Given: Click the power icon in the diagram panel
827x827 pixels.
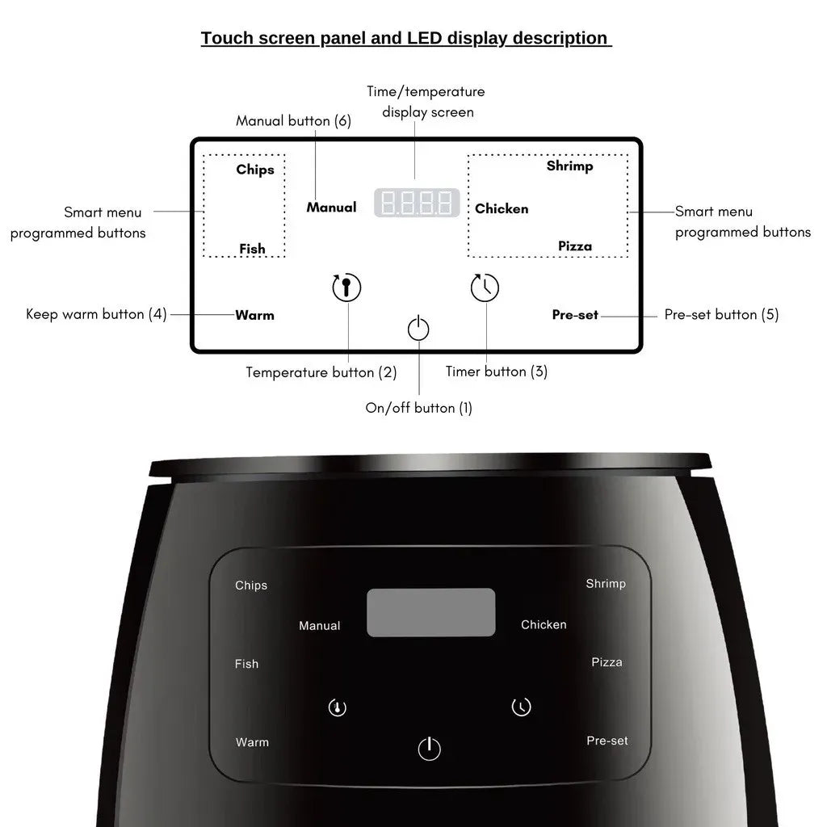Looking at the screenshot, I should tap(418, 329).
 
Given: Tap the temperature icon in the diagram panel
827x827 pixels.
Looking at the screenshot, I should tap(346, 288).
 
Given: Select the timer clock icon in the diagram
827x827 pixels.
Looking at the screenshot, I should tap(485, 288).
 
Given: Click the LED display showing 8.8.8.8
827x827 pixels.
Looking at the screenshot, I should tap(417, 203).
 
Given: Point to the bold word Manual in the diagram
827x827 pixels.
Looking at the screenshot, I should tap(331, 208).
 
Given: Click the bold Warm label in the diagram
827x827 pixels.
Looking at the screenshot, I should tap(254, 315).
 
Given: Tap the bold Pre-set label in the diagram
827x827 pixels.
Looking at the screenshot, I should tap(575, 315).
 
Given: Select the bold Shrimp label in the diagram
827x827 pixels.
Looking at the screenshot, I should tap(569, 166).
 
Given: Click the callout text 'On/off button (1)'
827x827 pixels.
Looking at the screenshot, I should tap(418, 408).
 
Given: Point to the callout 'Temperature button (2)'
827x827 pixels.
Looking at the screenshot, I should tap(321, 372).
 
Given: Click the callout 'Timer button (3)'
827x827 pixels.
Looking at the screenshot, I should tap(497, 372).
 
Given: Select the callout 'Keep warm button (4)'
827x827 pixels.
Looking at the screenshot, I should tap(96, 314).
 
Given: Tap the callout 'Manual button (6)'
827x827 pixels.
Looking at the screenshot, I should tap(293, 121).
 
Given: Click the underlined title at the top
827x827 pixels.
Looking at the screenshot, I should tap(405, 38).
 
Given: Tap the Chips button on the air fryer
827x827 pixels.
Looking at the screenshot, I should tap(251, 586).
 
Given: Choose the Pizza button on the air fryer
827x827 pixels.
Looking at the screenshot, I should tap(607, 662).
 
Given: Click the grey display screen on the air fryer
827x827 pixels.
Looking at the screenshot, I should tap(430, 612).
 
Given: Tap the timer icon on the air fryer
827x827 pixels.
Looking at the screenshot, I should tap(522, 707).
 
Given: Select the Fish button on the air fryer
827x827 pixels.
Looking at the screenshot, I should tap(247, 664).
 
